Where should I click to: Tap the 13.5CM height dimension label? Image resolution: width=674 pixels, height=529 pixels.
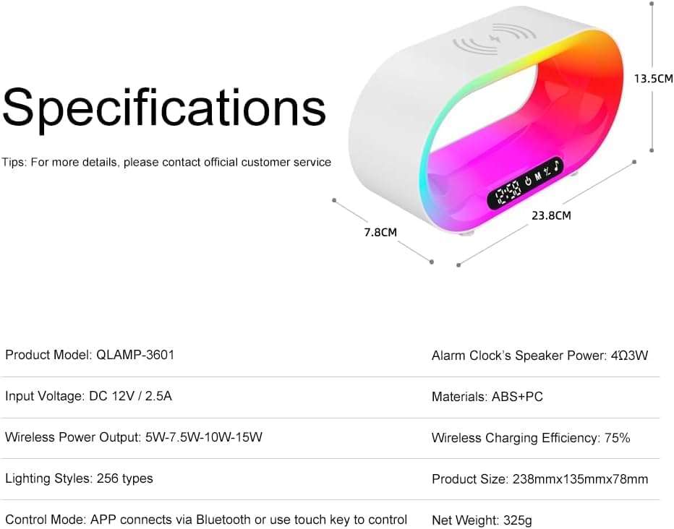pyautogui.click(x=653, y=79)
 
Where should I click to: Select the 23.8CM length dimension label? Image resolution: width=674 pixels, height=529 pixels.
pyautogui.click(x=552, y=215)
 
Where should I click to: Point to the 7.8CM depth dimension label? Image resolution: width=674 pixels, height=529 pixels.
pyautogui.click(x=380, y=232)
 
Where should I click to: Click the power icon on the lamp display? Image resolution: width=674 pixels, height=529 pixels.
pyautogui.click(x=528, y=181)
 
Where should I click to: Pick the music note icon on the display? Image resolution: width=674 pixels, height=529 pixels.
pyautogui.click(x=557, y=166)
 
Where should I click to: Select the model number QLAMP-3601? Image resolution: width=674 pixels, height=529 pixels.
pyautogui.click(x=135, y=355)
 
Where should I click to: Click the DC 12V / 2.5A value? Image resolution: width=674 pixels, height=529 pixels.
pyautogui.click(x=130, y=396)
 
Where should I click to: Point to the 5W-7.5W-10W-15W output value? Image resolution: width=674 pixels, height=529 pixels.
pyautogui.click(x=204, y=437)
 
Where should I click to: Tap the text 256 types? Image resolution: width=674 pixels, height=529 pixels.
pyautogui.click(x=124, y=478)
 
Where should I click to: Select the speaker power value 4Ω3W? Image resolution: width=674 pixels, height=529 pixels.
pyautogui.click(x=629, y=356)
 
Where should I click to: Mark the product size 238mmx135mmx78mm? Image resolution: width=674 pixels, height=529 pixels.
pyautogui.click(x=580, y=479)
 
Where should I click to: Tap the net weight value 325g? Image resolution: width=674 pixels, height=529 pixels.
pyautogui.click(x=518, y=520)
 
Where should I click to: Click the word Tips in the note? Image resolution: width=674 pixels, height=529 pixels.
pyautogui.click(x=14, y=163)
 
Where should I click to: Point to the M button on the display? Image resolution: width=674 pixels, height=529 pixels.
pyautogui.click(x=538, y=176)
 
